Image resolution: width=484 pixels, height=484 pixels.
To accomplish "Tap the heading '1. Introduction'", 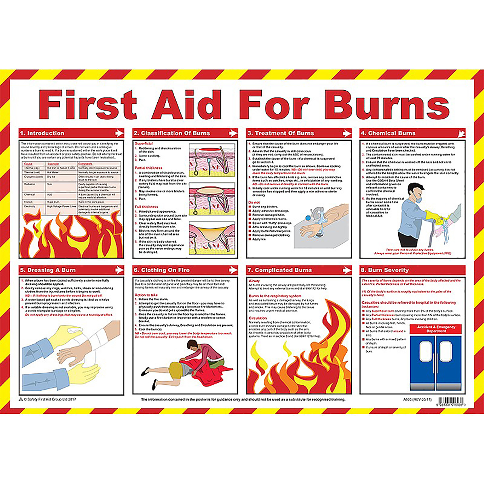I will [46, 133].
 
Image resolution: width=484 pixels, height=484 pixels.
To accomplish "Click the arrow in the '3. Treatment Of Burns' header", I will [347, 133].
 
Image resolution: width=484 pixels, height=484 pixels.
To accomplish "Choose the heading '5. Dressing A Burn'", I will [51, 270].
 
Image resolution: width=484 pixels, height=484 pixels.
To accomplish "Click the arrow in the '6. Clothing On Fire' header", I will [233, 270].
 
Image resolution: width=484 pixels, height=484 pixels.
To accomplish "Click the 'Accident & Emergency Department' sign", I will [436, 329].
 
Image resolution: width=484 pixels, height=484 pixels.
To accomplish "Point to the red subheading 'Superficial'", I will [144, 143].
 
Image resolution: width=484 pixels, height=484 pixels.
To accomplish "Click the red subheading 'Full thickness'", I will [146, 207].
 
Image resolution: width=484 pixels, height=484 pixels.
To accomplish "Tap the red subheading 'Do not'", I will [254, 202].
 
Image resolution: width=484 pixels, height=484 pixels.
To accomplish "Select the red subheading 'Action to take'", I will [146, 295].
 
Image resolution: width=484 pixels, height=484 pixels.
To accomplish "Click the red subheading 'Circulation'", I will [258, 318].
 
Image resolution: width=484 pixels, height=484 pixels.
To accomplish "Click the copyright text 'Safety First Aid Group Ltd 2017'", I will [50, 399].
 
